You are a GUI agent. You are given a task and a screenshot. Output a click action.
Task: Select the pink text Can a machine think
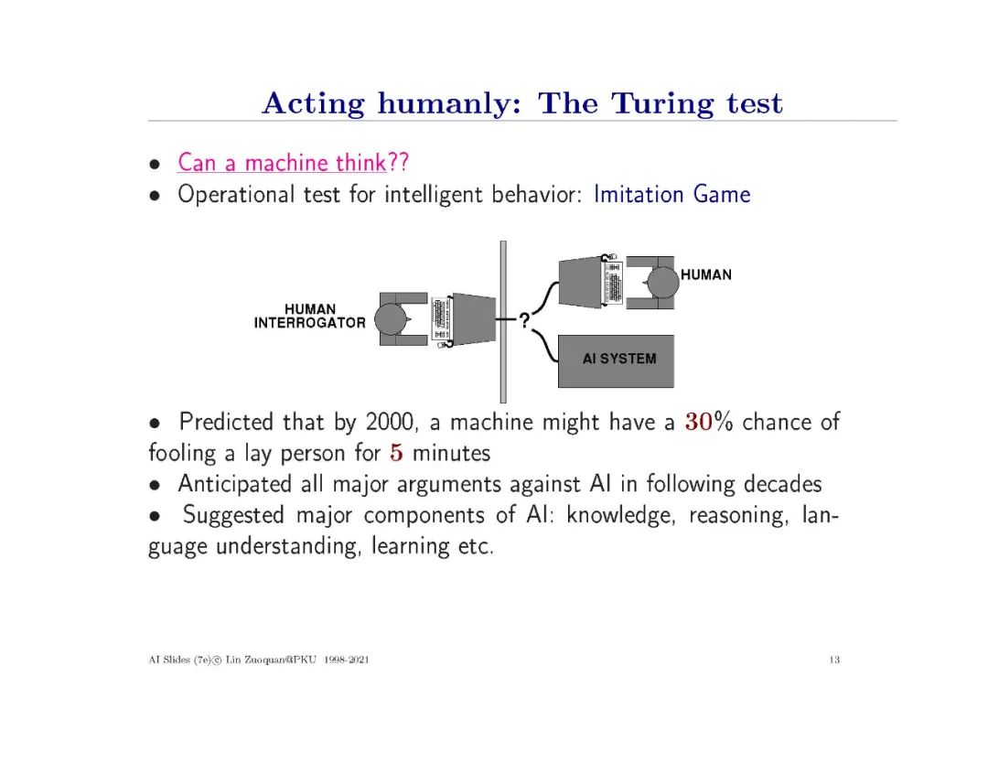(282, 164)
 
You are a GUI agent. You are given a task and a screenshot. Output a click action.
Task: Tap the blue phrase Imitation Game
(671, 195)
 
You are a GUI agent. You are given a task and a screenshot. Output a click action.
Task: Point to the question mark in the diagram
(524, 320)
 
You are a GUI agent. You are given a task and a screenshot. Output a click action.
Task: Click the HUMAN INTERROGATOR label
(309, 316)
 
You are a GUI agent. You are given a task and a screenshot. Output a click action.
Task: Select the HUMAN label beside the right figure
(706, 274)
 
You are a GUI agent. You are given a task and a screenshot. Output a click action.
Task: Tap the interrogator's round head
(392, 319)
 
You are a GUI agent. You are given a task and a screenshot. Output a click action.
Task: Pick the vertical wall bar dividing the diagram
(502, 320)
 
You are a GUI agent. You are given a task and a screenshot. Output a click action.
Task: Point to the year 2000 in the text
(389, 423)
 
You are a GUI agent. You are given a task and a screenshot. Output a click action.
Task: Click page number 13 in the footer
(834, 661)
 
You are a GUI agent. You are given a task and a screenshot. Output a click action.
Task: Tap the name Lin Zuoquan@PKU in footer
(272, 661)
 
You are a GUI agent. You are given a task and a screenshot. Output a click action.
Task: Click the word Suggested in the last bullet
(233, 515)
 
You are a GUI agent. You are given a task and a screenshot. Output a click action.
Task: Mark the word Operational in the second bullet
(232, 195)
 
